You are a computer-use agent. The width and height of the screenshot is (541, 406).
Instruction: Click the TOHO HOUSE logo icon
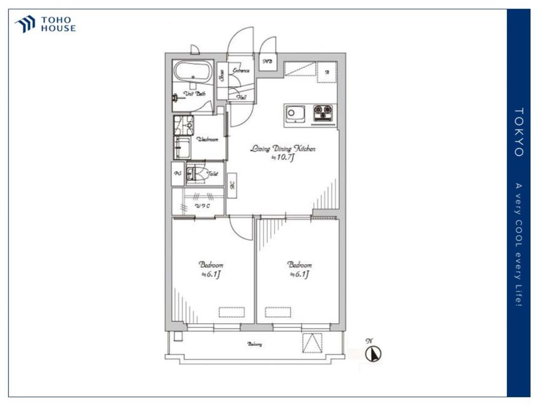[x=25, y=24]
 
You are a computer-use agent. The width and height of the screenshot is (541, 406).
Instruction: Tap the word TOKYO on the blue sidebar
[x=518, y=133]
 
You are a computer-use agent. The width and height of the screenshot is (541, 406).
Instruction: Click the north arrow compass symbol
[x=373, y=354]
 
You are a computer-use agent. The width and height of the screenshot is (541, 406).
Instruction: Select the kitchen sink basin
[x=295, y=114]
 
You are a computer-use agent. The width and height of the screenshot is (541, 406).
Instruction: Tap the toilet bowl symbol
[x=193, y=174]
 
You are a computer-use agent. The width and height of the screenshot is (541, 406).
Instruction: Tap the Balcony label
[x=255, y=344]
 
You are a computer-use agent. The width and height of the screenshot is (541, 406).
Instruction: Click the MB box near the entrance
[x=267, y=62]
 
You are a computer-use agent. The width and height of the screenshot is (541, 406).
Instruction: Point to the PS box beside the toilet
[x=177, y=174]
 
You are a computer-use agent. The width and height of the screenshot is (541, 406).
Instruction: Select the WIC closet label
[x=202, y=206]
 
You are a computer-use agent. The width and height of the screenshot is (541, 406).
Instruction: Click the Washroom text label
[x=207, y=139]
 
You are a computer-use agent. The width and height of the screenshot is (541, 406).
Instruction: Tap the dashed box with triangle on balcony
[x=312, y=343]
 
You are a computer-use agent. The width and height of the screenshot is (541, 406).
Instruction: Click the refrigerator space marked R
[x=327, y=72]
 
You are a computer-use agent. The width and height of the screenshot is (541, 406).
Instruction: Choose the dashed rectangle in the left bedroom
[x=232, y=312]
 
